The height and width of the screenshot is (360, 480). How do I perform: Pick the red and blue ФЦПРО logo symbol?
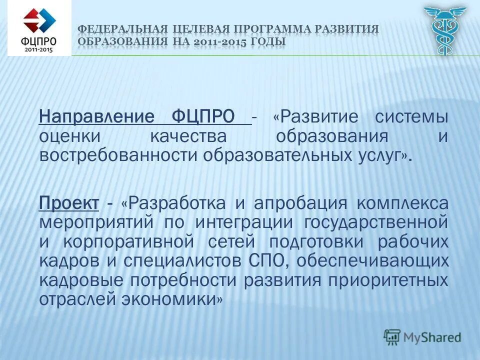point(39,20)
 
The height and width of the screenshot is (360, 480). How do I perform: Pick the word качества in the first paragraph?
point(187,136)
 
